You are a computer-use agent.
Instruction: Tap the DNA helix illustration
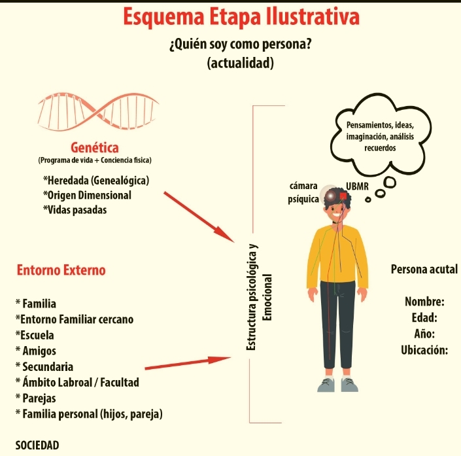point(98,113)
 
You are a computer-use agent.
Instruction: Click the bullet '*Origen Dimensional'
point(87,195)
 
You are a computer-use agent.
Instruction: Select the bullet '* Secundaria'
point(44,367)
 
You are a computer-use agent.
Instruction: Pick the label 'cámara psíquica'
point(303,192)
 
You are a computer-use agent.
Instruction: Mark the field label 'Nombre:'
point(425,302)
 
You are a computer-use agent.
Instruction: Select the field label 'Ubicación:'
point(424,349)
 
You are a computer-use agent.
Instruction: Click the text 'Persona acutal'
point(424,270)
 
